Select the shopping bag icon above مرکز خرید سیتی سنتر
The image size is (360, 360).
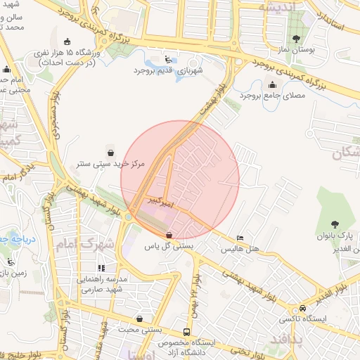point(110,152)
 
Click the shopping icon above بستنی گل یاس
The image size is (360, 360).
point(169,235)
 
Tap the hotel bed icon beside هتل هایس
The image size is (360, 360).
point(240,238)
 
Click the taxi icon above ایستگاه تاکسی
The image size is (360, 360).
point(302,308)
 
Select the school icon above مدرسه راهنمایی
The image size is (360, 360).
point(101,268)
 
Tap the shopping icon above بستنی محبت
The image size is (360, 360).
point(139,318)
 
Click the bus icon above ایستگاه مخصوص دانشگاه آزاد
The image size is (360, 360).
point(186,332)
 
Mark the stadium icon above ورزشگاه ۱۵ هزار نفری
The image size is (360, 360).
point(67,41)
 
